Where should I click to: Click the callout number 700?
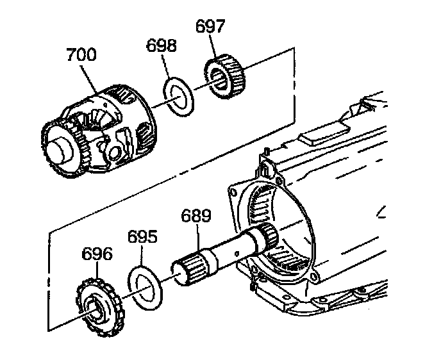pos(81,55)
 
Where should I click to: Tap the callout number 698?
pos(160,46)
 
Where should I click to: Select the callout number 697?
pos(210,27)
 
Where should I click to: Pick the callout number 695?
pos(142,237)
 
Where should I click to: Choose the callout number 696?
pos(97,254)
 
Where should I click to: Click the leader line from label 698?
pos(165,68)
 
